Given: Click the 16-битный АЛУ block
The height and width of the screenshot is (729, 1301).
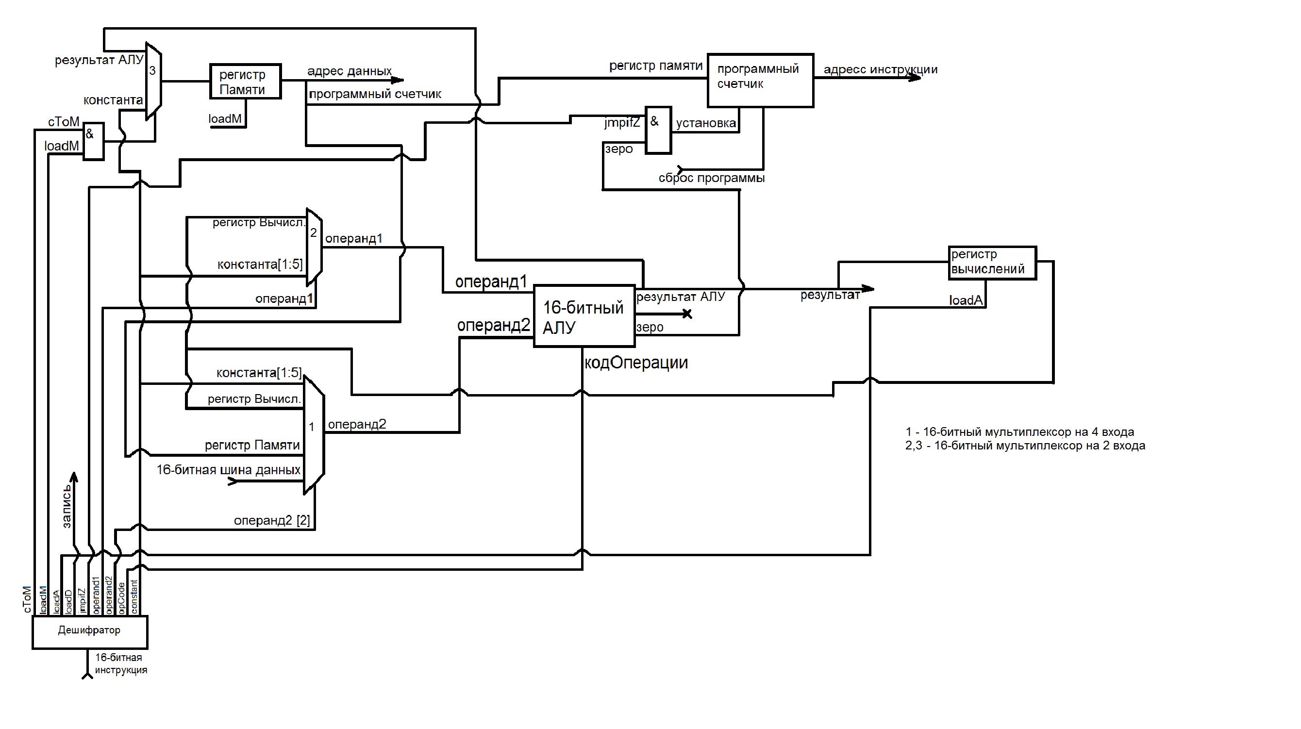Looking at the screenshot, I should pos(584,316).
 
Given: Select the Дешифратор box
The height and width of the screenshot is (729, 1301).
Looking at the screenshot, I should pos(89,631).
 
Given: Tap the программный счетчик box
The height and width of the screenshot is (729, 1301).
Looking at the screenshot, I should pos(760,80).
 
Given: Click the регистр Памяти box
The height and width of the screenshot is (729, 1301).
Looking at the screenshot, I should pos(245,81).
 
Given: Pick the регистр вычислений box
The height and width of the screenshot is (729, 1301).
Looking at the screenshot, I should pos(992,263).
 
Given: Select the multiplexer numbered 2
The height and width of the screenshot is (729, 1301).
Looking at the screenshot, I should pos(314,246).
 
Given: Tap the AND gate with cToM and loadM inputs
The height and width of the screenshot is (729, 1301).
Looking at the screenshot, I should pos(93,141).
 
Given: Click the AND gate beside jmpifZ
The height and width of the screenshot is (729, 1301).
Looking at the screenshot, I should pos(658,130).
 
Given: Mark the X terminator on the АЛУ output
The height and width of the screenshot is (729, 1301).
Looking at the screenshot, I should pos(687,314).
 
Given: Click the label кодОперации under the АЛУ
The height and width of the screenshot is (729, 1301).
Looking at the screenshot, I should pos(635,363).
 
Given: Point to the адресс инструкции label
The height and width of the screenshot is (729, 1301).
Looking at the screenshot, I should pos(880,70).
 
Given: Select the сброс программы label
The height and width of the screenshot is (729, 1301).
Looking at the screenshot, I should pos(711,178).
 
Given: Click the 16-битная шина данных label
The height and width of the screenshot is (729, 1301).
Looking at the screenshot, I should pos(228,470).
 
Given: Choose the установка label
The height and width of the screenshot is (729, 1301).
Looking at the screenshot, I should pos(705,123).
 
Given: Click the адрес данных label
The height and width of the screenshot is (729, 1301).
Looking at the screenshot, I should pos(349,71).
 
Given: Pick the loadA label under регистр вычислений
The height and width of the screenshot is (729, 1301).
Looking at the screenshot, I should pos(966,300).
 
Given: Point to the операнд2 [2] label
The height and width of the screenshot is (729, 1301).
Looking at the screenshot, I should pos(272,520).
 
